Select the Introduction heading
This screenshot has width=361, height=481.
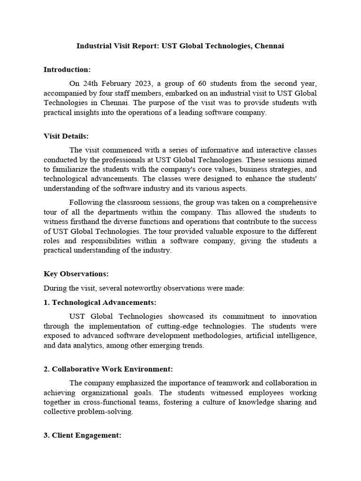[x=67, y=70]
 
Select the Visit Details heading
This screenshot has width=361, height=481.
[x=66, y=136]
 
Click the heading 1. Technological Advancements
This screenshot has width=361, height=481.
[x=100, y=303]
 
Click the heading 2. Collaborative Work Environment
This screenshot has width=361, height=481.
[x=108, y=369]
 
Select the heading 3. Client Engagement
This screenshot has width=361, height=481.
[x=82, y=435]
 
